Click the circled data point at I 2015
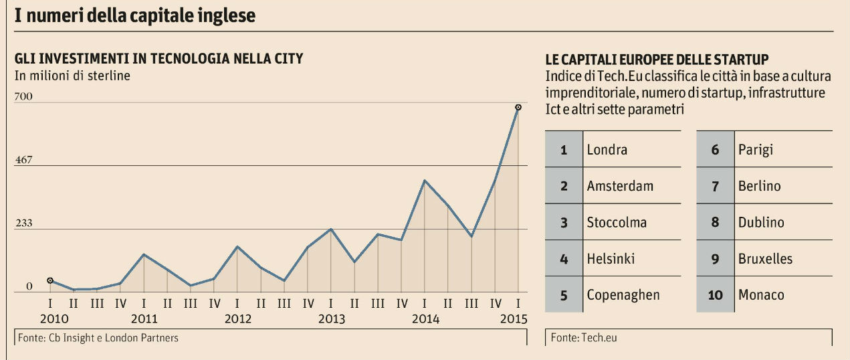point(518,107)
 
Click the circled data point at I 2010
point(51,280)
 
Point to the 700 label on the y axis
point(23,98)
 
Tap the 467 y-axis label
point(23,161)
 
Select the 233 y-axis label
point(23,223)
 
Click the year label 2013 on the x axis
point(332,319)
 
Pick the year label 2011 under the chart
point(144,319)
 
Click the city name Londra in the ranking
point(607,149)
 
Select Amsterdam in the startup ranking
point(620,186)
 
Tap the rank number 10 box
point(715,295)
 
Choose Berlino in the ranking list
point(759,186)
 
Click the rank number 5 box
point(564,295)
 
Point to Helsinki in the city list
point(611,258)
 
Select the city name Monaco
point(761,294)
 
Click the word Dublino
point(761,222)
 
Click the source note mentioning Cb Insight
point(97,338)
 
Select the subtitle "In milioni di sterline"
point(72,75)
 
